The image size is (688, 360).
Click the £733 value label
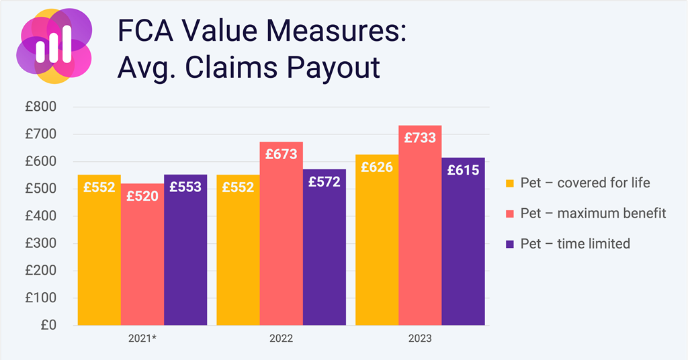(x=420, y=138)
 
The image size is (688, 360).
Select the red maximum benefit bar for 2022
(x=281, y=242)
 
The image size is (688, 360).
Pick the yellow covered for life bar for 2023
(x=377, y=249)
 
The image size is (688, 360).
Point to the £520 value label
(x=142, y=197)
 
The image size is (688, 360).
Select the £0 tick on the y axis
(x=48, y=325)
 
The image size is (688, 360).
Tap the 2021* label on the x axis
(x=142, y=339)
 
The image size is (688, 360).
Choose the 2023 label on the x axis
(x=420, y=339)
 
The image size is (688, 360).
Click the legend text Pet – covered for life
(x=585, y=183)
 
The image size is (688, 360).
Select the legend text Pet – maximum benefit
(x=593, y=213)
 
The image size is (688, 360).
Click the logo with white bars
(x=54, y=46)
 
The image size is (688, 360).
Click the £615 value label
(x=463, y=171)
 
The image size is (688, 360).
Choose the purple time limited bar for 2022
(x=324, y=255)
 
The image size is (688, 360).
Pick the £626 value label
(x=377, y=167)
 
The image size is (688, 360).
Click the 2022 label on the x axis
(x=281, y=339)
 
